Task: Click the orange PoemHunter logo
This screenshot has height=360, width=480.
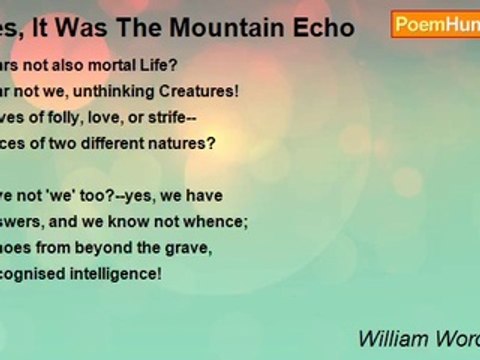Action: pos(434,25)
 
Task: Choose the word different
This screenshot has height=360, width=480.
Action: pos(138,142)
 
